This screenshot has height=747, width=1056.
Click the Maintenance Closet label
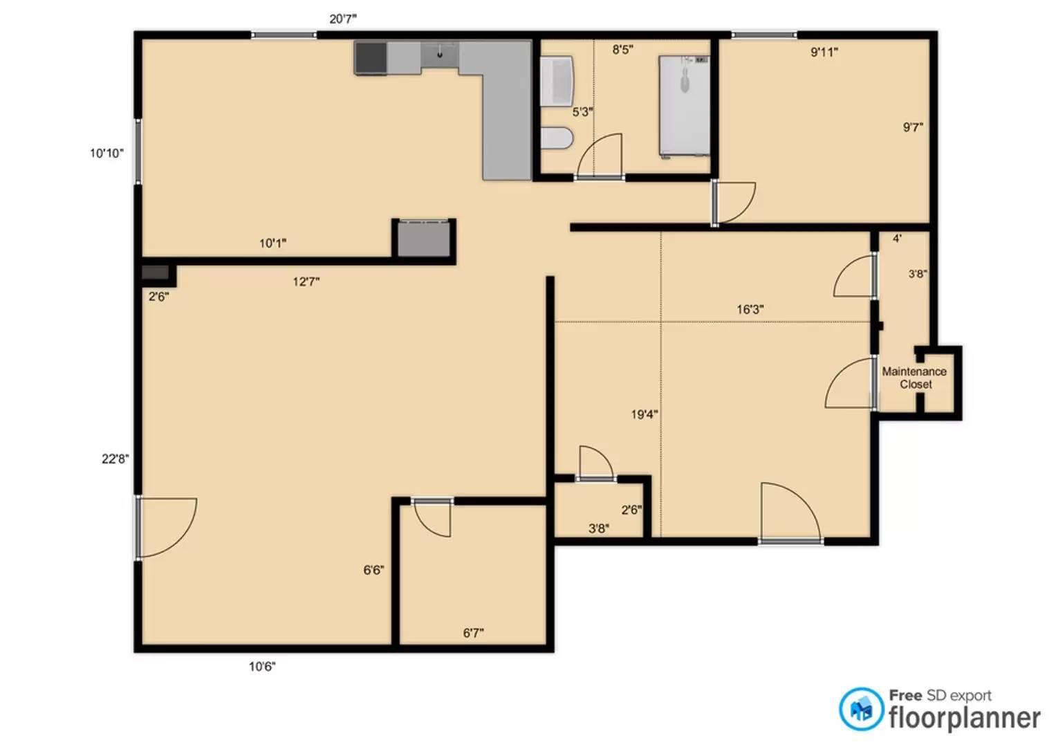click(x=914, y=378)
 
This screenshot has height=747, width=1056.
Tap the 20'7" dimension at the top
click(x=343, y=19)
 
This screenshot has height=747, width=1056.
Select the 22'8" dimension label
click(x=115, y=459)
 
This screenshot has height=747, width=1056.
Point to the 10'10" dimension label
click(x=106, y=153)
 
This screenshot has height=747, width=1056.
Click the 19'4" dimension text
click(x=645, y=414)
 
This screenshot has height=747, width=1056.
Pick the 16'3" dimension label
click(x=750, y=309)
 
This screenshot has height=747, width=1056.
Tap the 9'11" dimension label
click(x=824, y=51)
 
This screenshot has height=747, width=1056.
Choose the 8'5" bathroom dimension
click(x=622, y=49)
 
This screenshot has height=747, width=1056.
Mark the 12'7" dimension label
click(x=306, y=282)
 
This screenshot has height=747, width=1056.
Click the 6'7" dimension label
click(x=473, y=633)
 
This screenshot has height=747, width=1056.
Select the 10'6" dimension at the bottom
click(x=262, y=666)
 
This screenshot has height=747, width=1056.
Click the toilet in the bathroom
click(x=556, y=138)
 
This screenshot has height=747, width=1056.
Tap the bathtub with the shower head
click(x=684, y=106)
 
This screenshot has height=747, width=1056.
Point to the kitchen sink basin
click(x=439, y=55)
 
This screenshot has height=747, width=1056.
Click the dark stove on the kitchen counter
click(x=371, y=57)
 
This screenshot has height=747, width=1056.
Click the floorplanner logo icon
click(x=861, y=709)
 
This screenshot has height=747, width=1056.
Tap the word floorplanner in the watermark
click(x=965, y=718)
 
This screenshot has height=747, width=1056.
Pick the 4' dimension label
click(x=897, y=238)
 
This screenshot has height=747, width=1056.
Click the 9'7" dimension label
click(x=913, y=127)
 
